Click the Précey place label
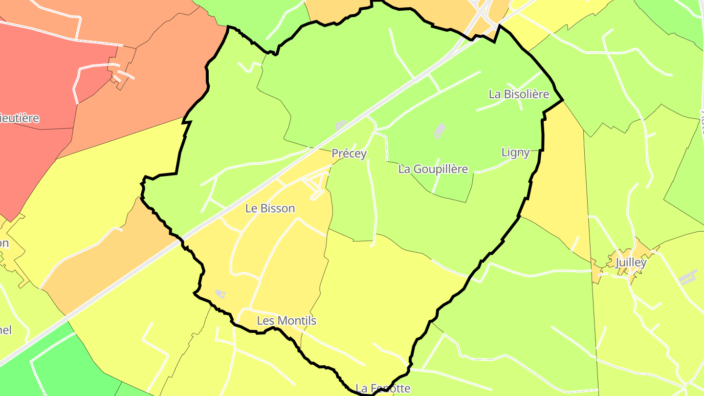(x=349, y=154)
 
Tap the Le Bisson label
(x=270, y=208)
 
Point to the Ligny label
(x=515, y=153)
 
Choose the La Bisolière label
(x=519, y=94)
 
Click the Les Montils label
(x=286, y=321)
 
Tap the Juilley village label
(x=631, y=263)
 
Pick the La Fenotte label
(x=383, y=389)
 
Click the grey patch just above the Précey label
(x=341, y=126)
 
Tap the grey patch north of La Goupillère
(x=440, y=131)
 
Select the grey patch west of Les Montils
(x=220, y=294)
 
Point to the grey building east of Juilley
(x=688, y=277)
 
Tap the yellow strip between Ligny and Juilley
(x=557, y=196)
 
